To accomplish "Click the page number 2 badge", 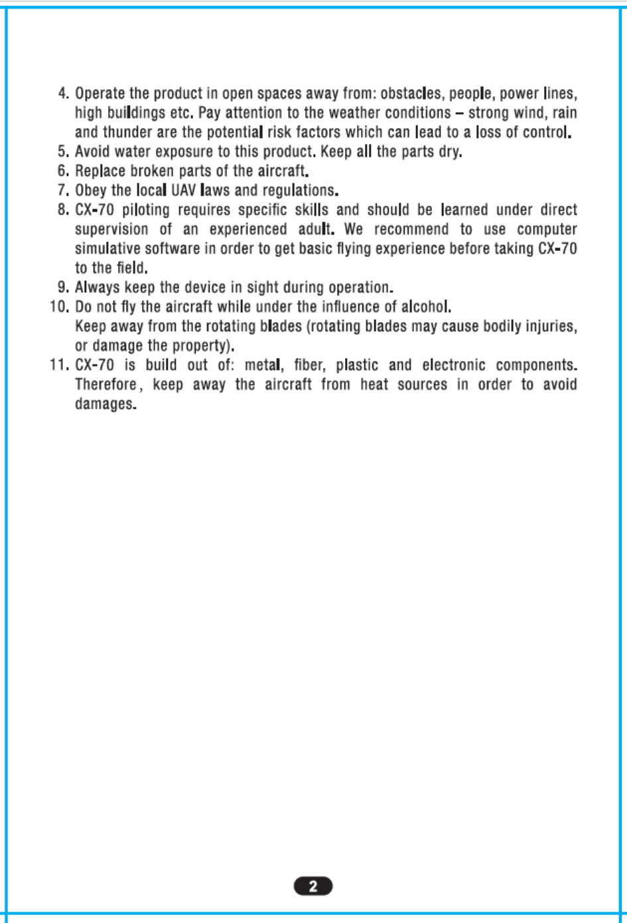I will (x=313, y=886).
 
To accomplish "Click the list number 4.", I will (x=63, y=94).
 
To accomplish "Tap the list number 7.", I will (x=63, y=191).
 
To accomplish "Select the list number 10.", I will (x=59, y=307).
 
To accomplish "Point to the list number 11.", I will (x=59, y=365).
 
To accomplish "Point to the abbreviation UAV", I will (x=184, y=191).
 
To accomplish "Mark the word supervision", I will (x=111, y=230).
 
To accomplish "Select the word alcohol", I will (x=426, y=307).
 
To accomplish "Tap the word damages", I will (x=105, y=404).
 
